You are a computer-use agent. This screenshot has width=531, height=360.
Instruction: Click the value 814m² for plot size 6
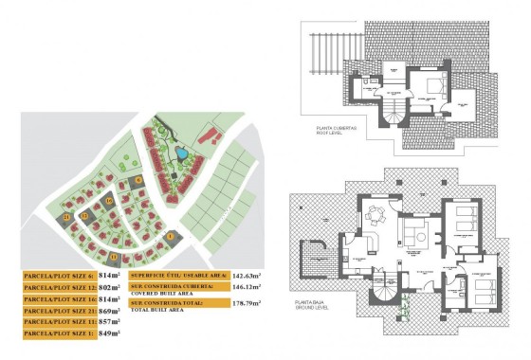point(110,275)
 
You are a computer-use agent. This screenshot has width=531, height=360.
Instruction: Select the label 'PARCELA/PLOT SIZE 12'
point(58,286)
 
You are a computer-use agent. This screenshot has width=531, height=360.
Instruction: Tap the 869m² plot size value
point(110,310)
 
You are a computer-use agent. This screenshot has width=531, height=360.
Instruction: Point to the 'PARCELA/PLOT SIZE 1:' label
point(58,333)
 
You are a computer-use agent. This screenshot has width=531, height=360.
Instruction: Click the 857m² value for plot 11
point(110,322)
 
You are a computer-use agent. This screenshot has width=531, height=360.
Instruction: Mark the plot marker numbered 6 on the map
point(137,179)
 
